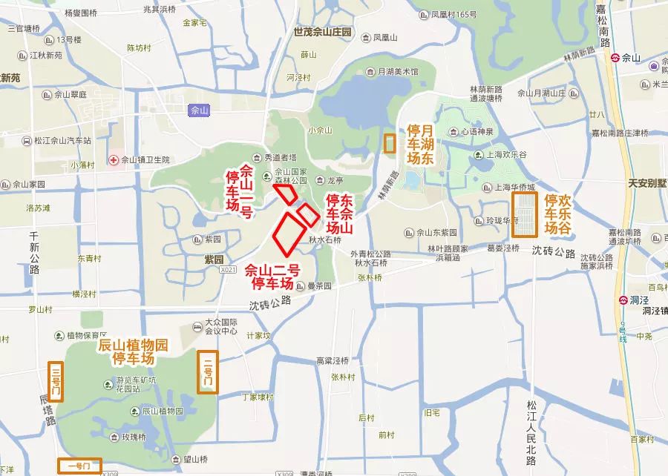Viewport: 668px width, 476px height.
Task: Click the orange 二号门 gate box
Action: (x=208, y=372)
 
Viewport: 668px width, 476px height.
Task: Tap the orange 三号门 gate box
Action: (x=55, y=381)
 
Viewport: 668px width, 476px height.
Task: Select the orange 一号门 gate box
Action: (x=79, y=466)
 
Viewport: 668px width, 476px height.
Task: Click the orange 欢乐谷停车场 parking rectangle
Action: (x=525, y=214)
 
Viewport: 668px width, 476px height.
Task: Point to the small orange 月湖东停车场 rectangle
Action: (x=389, y=143)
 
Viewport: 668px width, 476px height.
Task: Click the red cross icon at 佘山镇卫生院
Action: (x=114, y=159)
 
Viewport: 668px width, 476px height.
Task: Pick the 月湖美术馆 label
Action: (x=398, y=72)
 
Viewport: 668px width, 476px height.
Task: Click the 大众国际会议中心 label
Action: (x=224, y=326)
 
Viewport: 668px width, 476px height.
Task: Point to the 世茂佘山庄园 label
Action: (x=322, y=33)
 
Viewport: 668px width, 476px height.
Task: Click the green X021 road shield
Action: (x=228, y=271)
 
